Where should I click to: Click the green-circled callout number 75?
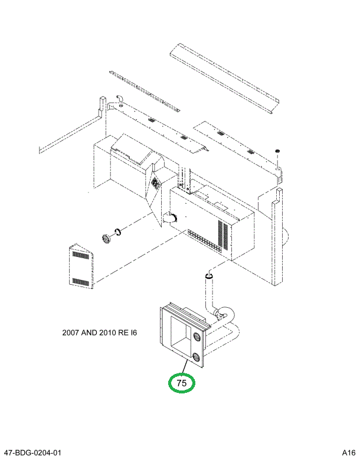[x=182, y=383]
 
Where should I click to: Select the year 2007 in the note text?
[x=71, y=333]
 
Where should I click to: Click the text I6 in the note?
[x=133, y=333]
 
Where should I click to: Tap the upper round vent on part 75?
[x=195, y=337]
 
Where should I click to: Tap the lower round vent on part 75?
[x=195, y=357]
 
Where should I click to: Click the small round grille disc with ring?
[x=106, y=239]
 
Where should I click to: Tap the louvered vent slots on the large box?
[x=223, y=235]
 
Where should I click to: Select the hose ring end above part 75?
[x=208, y=275]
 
